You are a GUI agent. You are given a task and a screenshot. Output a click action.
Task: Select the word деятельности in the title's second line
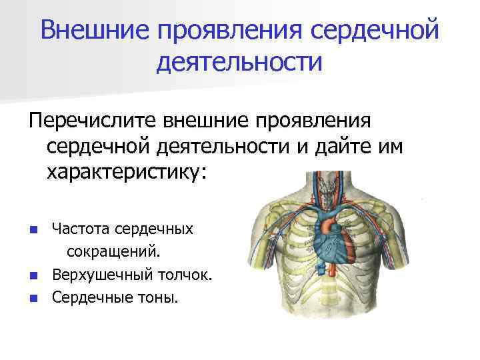240,62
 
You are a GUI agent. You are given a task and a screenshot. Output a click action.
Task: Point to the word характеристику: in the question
127,172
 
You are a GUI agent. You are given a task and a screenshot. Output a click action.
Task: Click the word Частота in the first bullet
81,229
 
